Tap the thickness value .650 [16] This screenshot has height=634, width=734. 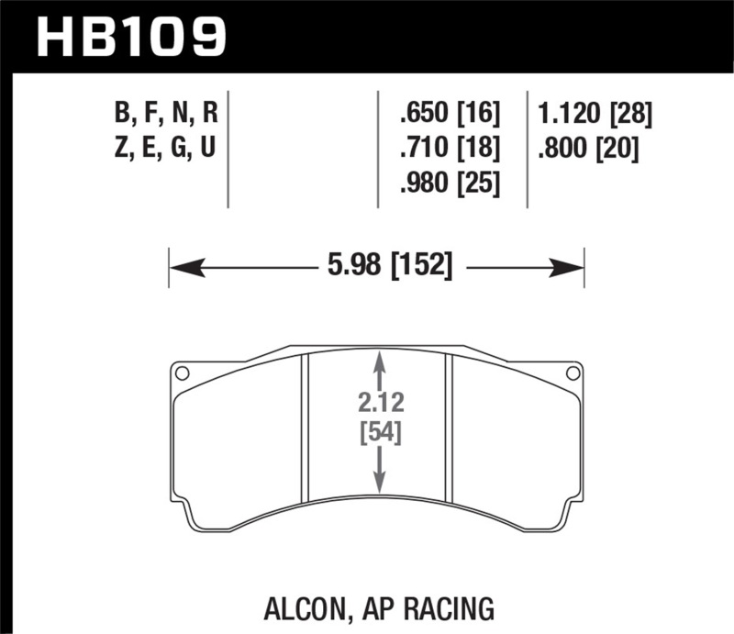tap(450, 115)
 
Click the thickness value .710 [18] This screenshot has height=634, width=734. tap(450, 148)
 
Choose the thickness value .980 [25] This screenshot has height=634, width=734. tap(450, 183)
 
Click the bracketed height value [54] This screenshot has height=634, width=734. tap(379, 431)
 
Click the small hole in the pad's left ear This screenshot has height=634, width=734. tap(183, 373)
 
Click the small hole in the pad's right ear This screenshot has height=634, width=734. tap(573, 373)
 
